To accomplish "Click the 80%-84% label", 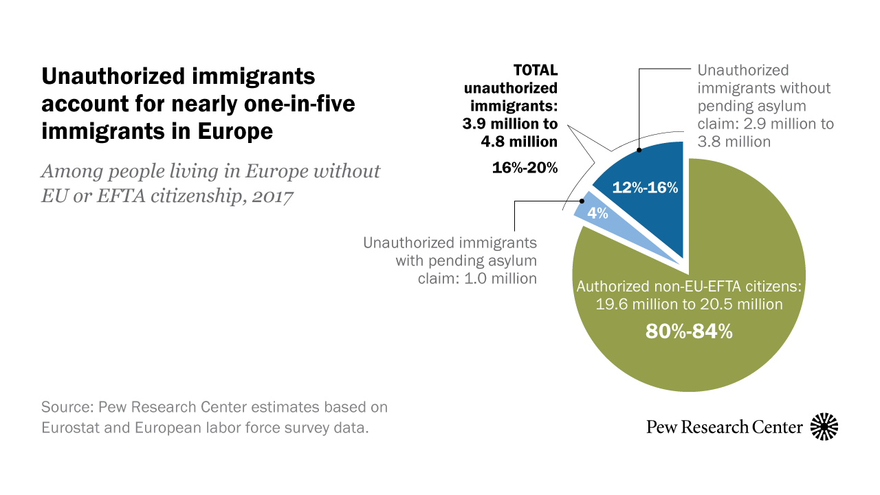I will tap(689, 331).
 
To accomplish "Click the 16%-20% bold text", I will tap(525, 168).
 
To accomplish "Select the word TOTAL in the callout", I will tap(536, 70).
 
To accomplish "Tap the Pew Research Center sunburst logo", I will tap(824, 427).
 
